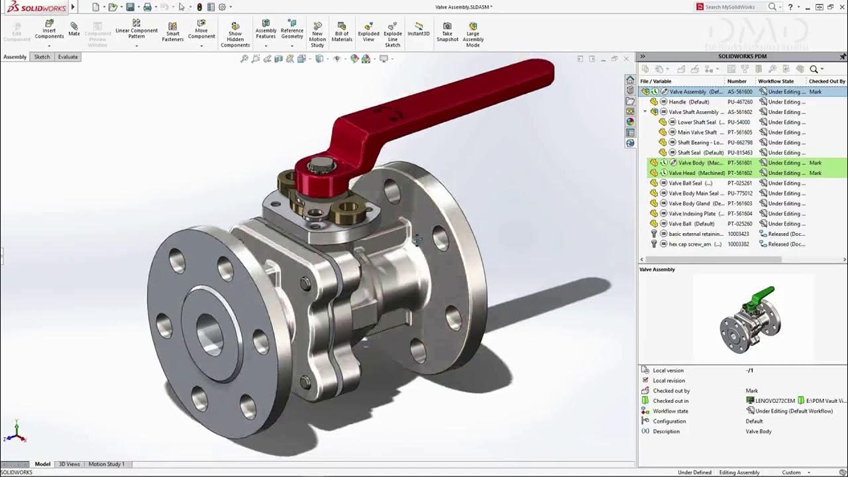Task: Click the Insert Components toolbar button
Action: coord(49,29)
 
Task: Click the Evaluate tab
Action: coord(68,57)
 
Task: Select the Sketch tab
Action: coord(42,57)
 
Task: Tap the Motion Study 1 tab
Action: coord(106,464)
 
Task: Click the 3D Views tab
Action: coord(69,464)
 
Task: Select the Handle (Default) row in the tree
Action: coord(688,102)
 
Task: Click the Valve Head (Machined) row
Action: coord(696,173)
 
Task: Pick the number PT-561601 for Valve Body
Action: coord(739,163)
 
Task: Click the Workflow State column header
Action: coord(775,81)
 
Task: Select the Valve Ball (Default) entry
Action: coord(691,224)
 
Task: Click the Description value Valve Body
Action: coord(759,431)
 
